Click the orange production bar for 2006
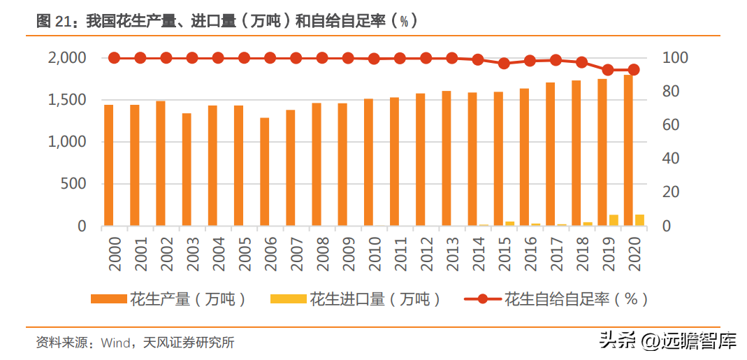point(264,172)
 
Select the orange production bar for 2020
point(628,150)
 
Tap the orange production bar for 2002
point(161,164)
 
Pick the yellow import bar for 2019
point(614,220)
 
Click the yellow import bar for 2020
point(639,220)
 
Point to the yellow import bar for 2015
point(509,224)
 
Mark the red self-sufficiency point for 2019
point(608,70)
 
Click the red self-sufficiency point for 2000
point(115,58)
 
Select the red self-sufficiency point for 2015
point(504,64)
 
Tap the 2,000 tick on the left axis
point(67,58)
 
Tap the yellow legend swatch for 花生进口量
point(288,299)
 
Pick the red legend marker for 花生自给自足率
point(483,299)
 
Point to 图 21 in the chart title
point(52,22)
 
